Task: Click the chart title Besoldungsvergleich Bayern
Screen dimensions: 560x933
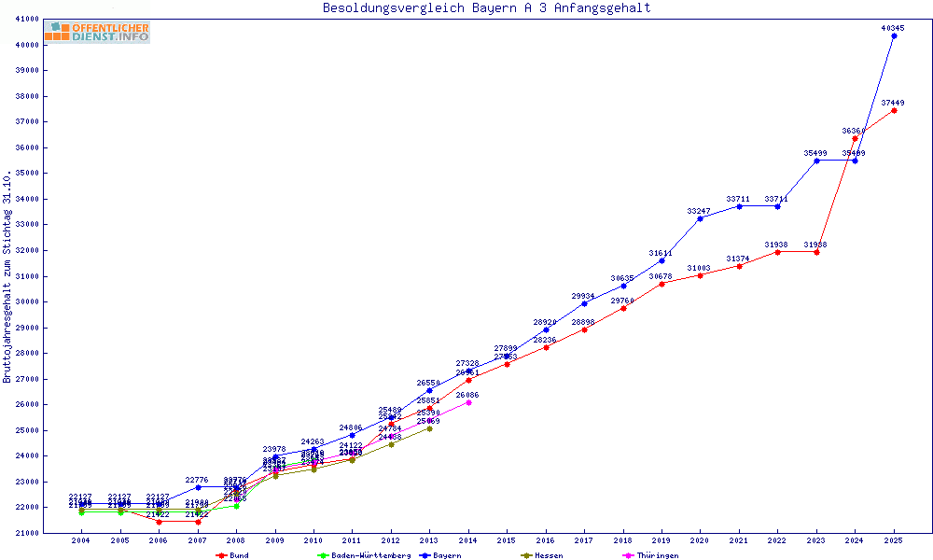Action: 486,8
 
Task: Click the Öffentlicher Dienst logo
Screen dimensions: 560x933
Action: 96,33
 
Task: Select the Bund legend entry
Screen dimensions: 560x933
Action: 233,555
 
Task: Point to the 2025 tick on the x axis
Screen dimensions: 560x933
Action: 894,540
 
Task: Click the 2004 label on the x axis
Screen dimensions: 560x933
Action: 81,540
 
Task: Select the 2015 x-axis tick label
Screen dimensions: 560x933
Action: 507,540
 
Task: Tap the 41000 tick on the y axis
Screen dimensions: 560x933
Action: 27,19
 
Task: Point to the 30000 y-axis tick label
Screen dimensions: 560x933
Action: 27,301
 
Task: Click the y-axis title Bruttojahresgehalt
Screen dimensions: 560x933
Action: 8,276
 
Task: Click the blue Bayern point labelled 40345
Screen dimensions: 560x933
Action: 894,35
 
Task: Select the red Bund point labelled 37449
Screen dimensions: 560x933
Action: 894,110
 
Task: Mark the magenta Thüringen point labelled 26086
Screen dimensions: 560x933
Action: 468,402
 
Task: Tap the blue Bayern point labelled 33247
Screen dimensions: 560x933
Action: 700,218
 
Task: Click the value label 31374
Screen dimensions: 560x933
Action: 738,259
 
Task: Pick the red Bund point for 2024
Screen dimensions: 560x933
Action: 855,138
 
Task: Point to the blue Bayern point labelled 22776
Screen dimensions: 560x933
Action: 198,487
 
